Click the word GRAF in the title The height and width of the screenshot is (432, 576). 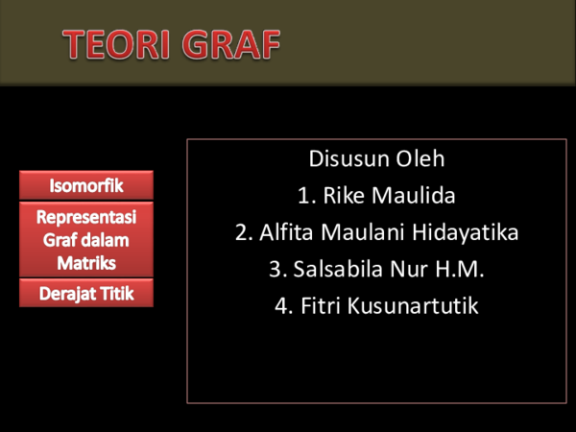click(232, 43)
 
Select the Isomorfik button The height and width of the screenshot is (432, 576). click(86, 184)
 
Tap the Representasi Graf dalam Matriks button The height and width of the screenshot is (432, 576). click(86, 239)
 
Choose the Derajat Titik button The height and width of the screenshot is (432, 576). click(86, 293)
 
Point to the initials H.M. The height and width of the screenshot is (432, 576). click(459, 270)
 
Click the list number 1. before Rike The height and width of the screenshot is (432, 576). click(306, 196)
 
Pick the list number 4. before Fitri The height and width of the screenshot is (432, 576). click(283, 307)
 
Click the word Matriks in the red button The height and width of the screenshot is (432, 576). click(86, 262)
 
